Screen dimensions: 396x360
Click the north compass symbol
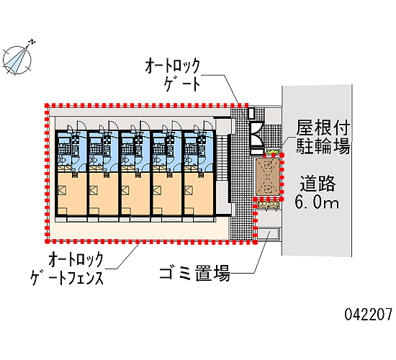pyautogui.click(x=17, y=60)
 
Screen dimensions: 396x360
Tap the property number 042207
pyautogui.click(x=369, y=315)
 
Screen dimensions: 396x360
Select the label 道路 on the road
pyautogui.click(x=318, y=183)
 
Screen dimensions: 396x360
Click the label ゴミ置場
pyautogui.click(x=194, y=273)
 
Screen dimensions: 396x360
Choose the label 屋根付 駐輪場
pyautogui.click(x=323, y=137)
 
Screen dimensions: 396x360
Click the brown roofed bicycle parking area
pyautogui.click(x=268, y=176)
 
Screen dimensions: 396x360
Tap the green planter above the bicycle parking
pyautogui.click(x=272, y=152)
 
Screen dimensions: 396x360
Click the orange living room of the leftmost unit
pyautogui.click(x=72, y=193)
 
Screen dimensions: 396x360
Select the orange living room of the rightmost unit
pyautogui.click(x=199, y=193)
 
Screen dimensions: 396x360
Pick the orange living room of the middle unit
pyautogui.click(x=135, y=193)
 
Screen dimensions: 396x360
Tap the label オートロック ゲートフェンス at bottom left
pyautogui.click(x=67, y=269)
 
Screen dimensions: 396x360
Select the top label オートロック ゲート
pyautogui.click(x=173, y=75)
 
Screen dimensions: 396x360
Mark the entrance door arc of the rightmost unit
pyautogui.click(x=209, y=125)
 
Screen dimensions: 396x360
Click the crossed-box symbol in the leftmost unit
pyautogui.click(x=62, y=190)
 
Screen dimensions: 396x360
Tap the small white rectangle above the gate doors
pyautogui.click(x=251, y=114)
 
